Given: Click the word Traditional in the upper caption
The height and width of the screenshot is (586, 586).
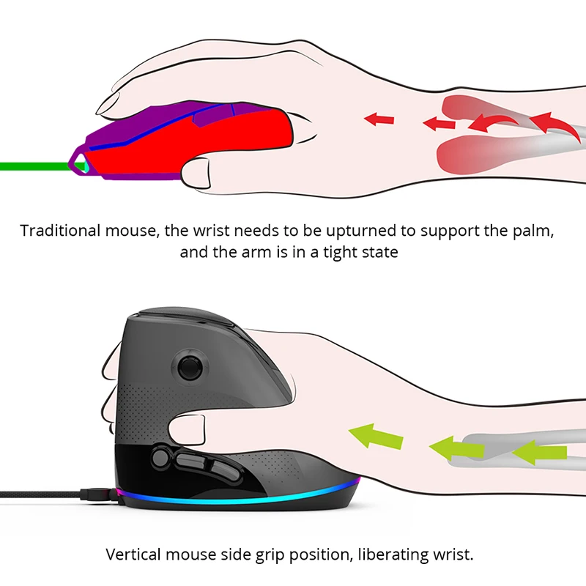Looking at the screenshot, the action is pos(62,231).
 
